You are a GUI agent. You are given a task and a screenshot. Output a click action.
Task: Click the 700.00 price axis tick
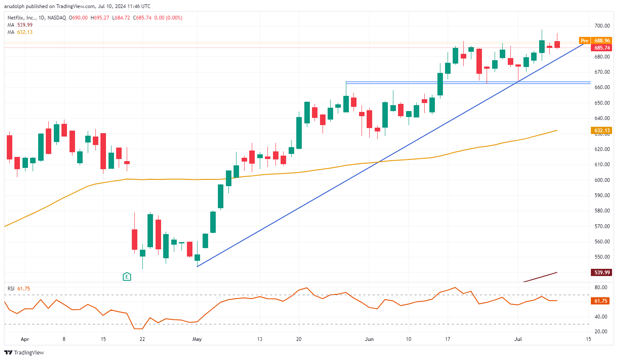pos(602,26)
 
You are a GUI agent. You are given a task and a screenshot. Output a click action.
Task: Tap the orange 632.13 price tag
pos(601,131)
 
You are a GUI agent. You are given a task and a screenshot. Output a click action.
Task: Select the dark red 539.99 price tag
pos(601,272)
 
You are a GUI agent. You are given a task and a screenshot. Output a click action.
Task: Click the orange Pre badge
pos(585,41)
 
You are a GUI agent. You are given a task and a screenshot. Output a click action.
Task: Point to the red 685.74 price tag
pos(601,48)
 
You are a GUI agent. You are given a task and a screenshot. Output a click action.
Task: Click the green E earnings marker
pos(127,277)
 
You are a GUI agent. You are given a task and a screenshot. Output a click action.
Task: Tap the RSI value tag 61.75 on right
pos(601,301)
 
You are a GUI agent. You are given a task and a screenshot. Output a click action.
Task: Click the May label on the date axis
pos(197,339)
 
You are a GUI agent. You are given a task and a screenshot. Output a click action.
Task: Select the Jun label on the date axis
pos(369,339)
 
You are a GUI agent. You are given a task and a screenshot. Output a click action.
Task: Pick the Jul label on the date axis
pos(518,339)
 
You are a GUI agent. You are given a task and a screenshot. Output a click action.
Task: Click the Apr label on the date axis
pos(25,339)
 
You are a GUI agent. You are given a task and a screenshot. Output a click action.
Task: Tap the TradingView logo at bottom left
pos(24,352)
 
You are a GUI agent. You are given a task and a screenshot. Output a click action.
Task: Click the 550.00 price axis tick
pos(602,257)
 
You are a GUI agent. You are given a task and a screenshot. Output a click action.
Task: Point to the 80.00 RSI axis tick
pos(601,287)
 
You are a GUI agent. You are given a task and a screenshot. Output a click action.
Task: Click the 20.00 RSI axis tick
pos(601,332)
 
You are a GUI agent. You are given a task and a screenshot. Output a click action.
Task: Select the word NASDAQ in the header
pos(57,18)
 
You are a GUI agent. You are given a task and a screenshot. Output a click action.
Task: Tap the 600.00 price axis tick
pos(602,180)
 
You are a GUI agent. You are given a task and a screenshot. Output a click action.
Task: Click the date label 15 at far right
pos(588,339)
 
